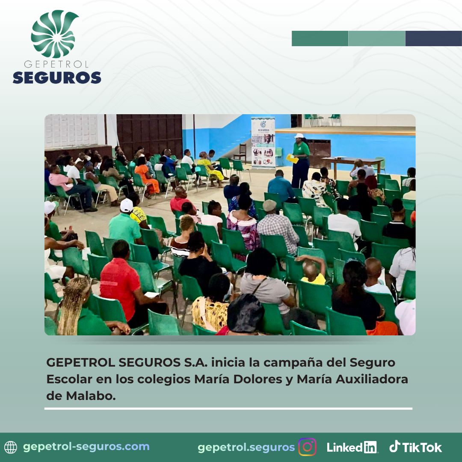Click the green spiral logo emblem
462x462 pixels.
(54, 34)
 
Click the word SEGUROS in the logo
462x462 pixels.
(57, 77)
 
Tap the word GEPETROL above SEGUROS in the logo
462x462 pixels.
(56, 64)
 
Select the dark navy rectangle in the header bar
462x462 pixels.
(433, 38)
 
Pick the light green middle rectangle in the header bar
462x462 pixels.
(376, 38)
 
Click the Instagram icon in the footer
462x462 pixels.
(307, 447)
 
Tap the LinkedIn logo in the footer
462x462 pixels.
(352, 447)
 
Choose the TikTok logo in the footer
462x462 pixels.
(415, 447)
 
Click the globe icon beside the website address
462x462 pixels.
(11, 447)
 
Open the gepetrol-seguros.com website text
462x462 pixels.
(86, 447)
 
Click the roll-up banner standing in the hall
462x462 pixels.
(263, 143)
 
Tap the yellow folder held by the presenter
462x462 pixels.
(292, 159)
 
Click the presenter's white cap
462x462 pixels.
(299, 136)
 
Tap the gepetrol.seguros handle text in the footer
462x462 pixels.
(246, 447)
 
